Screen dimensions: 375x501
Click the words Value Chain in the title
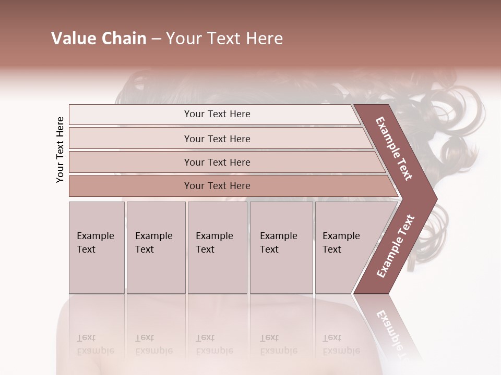tap(99, 39)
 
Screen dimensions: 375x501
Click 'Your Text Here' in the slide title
tap(224, 39)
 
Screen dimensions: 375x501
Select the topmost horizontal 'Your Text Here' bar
tap(217, 114)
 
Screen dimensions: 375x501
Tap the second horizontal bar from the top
tap(217, 139)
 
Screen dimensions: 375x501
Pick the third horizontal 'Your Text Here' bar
tap(217, 162)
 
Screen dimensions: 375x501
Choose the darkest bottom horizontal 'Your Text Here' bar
tap(217, 186)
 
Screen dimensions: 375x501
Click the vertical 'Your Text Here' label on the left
tap(60, 149)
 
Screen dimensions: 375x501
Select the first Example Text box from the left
tap(97, 247)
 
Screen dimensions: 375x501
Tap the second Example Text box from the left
tap(156, 247)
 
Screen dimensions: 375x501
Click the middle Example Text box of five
tap(217, 247)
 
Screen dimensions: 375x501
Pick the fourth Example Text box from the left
tap(281, 247)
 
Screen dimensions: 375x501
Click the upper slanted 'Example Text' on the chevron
tap(394, 148)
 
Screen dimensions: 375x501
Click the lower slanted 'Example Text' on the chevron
tap(396, 246)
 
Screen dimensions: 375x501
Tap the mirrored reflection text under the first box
tap(95, 344)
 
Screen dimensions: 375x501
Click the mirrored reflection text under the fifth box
tap(341, 344)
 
